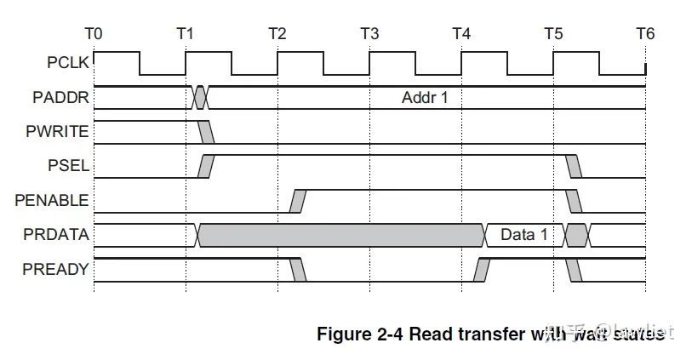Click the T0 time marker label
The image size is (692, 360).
coord(94,34)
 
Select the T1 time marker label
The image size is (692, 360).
coord(185,34)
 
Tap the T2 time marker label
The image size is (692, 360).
coord(277,34)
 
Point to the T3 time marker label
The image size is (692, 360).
coord(369,34)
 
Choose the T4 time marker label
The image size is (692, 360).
coord(460,34)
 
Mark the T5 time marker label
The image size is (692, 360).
coord(552,34)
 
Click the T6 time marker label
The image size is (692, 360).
coord(644,34)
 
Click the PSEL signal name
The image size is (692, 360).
coord(71,166)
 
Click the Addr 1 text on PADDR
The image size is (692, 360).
coord(425,97)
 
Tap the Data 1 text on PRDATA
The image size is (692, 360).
coord(523,235)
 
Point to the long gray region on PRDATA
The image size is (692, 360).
coord(340,235)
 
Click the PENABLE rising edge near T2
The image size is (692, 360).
coord(298,201)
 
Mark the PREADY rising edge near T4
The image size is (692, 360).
coord(482,270)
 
